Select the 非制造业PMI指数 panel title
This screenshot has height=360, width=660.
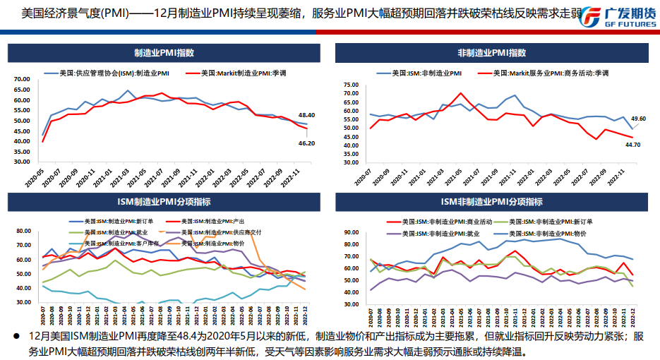point(492,53)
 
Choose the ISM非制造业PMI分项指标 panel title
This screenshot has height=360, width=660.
point(492,203)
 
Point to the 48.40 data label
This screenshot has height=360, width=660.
point(306,114)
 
